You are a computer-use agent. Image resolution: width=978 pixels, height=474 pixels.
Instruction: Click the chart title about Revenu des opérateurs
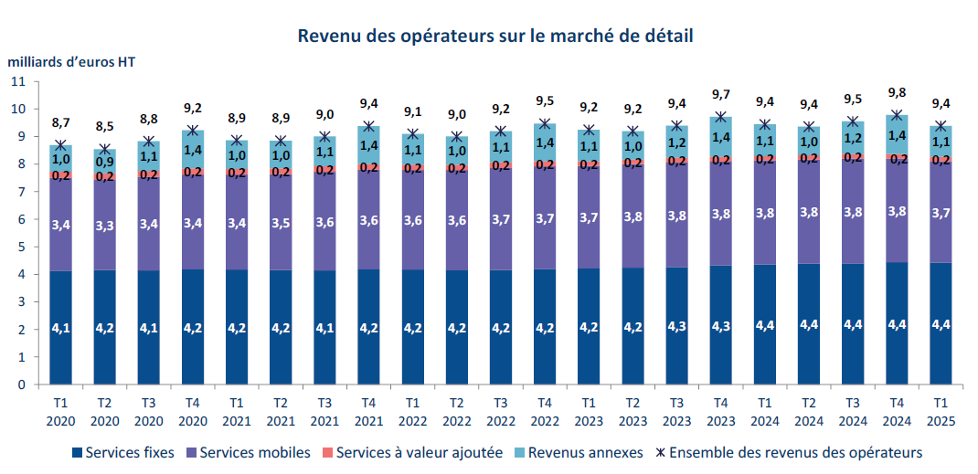pyautogui.click(x=494, y=37)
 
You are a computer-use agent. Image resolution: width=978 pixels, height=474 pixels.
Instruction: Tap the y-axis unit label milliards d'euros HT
pyautogui.click(x=72, y=63)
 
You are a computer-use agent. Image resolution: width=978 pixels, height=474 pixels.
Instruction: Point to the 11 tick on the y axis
pyautogui.click(x=18, y=81)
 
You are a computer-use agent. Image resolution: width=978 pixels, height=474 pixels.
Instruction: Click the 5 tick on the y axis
pyautogui.click(x=21, y=247)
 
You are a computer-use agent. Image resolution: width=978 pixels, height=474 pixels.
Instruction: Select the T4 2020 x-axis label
pyautogui.click(x=193, y=411)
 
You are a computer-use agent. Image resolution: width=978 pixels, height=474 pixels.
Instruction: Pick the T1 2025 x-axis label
pyautogui.click(x=940, y=411)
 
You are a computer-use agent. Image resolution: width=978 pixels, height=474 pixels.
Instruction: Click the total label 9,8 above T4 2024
pyautogui.click(x=897, y=92)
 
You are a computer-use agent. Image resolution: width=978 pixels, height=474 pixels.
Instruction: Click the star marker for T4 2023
pyautogui.click(x=720, y=117)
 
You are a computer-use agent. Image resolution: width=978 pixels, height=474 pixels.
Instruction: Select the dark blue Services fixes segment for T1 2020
pyautogui.click(x=62, y=327)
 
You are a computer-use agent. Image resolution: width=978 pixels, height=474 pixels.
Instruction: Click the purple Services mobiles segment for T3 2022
pyautogui.click(x=500, y=220)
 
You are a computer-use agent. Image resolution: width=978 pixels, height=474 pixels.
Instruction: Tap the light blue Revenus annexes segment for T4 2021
pyautogui.click(x=369, y=144)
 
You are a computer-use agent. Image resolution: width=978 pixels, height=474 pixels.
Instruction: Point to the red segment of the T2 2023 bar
pyautogui.click(x=632, y=162)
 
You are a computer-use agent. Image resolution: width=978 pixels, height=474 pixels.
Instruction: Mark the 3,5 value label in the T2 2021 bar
pyautogui.click(x=281, y=222)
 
